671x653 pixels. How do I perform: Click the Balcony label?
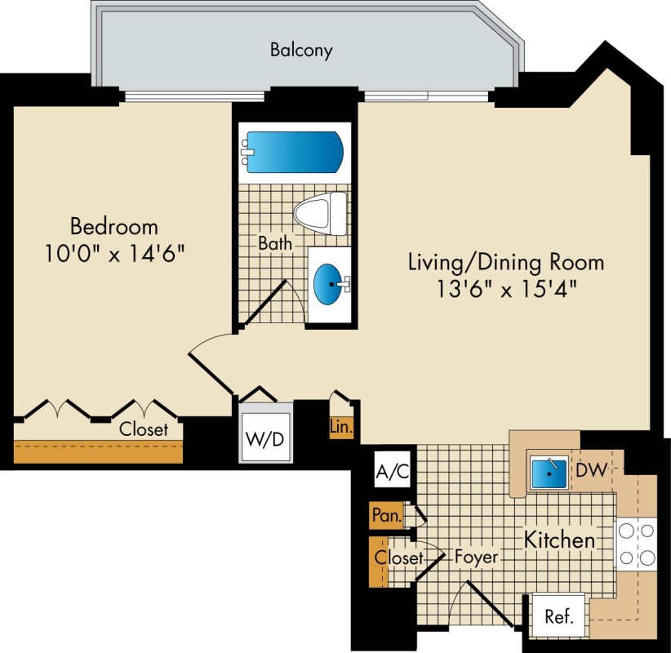301,51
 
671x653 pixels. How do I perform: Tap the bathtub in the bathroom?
292,152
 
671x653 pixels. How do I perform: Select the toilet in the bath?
320,214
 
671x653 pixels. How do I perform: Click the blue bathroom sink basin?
328,284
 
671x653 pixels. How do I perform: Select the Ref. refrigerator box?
558,616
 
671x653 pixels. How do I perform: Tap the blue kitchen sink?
549,473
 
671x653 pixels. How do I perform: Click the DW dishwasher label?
592,470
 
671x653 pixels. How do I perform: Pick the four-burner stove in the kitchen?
637,544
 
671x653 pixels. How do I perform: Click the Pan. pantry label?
386,515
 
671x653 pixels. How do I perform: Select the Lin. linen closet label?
341,427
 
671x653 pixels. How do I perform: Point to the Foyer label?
476,557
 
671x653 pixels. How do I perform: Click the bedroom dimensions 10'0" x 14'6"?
114,254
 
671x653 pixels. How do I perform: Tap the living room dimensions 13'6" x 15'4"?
506,289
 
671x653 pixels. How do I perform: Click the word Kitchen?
560,540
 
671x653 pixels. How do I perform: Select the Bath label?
275,243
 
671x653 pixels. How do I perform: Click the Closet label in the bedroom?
144,429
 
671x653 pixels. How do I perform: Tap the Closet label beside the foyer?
399,557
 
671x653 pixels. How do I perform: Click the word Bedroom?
114,226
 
